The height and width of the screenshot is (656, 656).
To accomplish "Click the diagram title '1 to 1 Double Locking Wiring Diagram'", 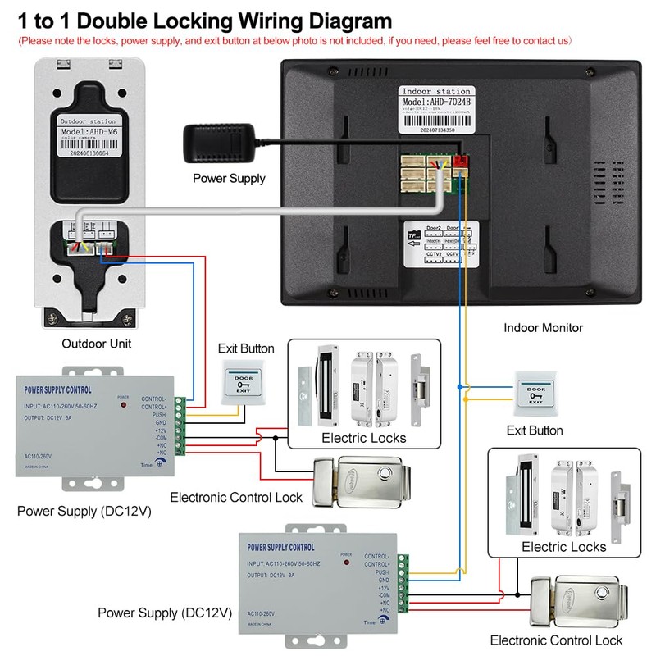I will [x=205, y=19].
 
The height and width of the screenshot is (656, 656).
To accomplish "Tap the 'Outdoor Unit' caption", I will [x=96, y=344].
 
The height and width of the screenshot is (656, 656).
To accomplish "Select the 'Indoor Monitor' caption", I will [x=543, y=328].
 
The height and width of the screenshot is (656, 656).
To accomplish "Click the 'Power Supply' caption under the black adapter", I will [x=230, y=178].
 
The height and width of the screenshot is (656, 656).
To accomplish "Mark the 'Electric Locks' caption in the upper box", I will [x=363, y=438].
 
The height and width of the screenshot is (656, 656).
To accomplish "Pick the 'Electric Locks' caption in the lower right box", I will [x=563, y=547].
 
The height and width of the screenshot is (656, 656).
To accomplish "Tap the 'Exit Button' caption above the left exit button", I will [x=246, y=348].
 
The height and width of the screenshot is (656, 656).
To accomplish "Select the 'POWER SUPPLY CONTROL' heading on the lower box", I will [x=280, y=547].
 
